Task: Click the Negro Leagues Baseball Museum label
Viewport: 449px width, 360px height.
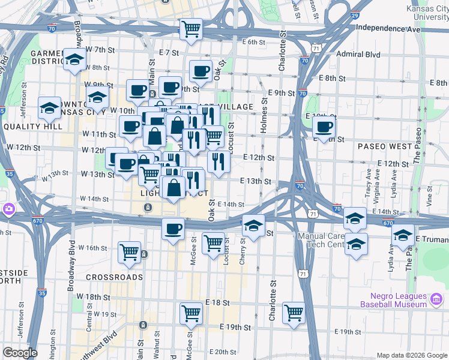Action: click(x=393, y=301)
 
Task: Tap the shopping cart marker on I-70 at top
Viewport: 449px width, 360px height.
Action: click(x=191, y=28)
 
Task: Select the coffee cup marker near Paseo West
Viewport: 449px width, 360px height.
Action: click(x=324, y=127)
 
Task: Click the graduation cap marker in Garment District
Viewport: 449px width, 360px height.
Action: click(x=75, y=59)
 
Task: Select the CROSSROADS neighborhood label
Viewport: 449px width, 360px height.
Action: click(x=115, y=277)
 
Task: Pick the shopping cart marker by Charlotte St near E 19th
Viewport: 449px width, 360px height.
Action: click(x=294, y=312)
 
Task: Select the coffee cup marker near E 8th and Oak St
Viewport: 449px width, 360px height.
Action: click(x=201, y=71)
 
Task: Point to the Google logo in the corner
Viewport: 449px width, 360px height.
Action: click(x=20, y=353)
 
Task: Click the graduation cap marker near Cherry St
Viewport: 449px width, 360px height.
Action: click(x=253, y=226)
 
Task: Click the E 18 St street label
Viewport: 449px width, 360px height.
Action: click(x=217, y=303)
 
